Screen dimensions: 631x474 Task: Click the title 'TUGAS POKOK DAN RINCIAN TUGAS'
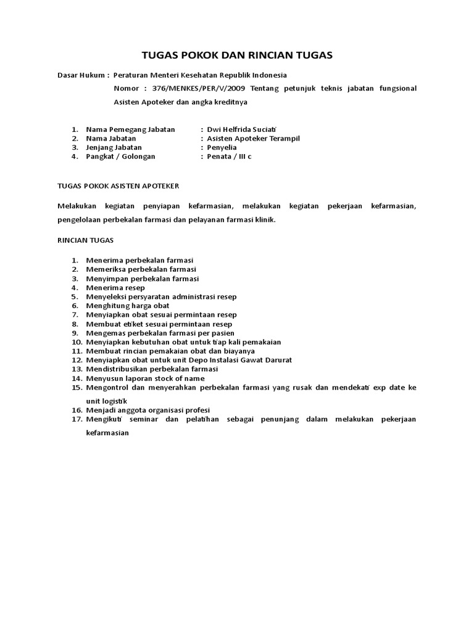236,55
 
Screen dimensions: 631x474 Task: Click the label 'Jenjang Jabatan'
114,147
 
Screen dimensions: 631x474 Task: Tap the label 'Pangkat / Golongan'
120,157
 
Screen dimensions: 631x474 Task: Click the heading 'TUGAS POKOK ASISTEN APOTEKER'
118,184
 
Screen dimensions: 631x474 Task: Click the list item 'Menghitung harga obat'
128,306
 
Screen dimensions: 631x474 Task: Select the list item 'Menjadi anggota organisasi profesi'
149,410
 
